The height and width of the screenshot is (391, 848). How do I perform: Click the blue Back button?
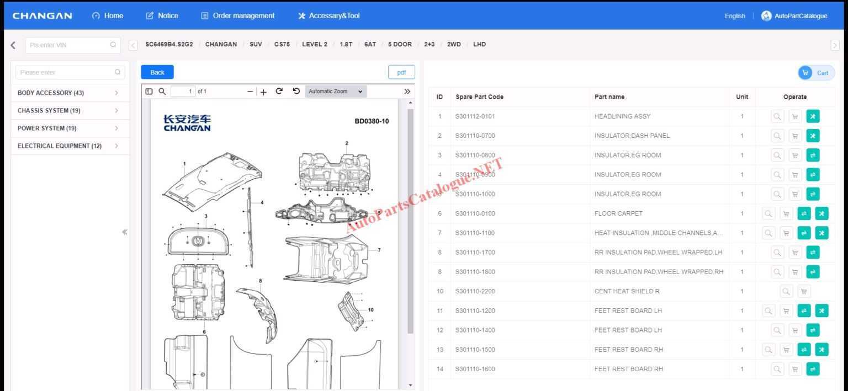coord(157,72)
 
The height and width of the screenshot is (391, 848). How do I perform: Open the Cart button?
coord(816,73)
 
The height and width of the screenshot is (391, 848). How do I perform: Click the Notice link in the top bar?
coord(162,15)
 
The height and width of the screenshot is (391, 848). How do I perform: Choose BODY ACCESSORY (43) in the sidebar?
coord(51,93)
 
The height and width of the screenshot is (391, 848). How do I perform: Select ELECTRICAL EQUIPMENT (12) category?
coord(60,146)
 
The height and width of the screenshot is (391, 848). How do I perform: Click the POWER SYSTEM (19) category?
coord(47,128)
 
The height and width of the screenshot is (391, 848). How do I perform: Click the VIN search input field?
coord(69,45)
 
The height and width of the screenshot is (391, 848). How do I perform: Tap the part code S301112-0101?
coord(475,116)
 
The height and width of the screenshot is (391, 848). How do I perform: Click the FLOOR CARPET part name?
coord(618,213)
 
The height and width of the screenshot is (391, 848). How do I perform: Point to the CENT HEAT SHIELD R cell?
coord(627,291)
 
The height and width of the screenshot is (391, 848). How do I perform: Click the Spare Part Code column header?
coord(479,97)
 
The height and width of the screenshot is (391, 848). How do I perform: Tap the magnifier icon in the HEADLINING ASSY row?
coord(777,116)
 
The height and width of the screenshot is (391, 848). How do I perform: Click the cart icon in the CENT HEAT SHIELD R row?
coord(804,291)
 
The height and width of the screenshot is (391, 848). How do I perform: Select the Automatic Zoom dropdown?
coord(336,92)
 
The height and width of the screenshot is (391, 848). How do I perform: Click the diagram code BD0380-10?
coord(371,121)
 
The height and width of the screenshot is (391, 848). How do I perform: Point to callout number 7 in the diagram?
coord(379,250)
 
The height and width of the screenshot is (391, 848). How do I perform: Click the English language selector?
coord(734,16)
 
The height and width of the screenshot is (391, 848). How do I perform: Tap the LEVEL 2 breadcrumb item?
coord(314,45)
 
